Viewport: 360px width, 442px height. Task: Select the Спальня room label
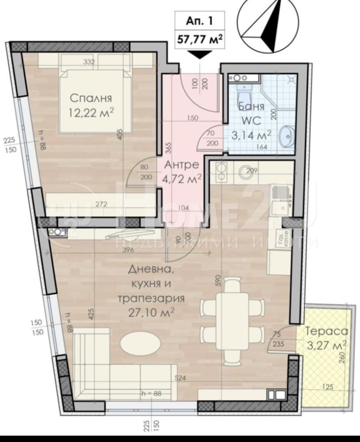[91, 99]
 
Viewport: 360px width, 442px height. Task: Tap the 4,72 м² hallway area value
[182, 178]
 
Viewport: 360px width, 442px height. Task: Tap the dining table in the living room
[232, 320]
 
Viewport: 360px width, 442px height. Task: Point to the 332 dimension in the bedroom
[89, 62]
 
